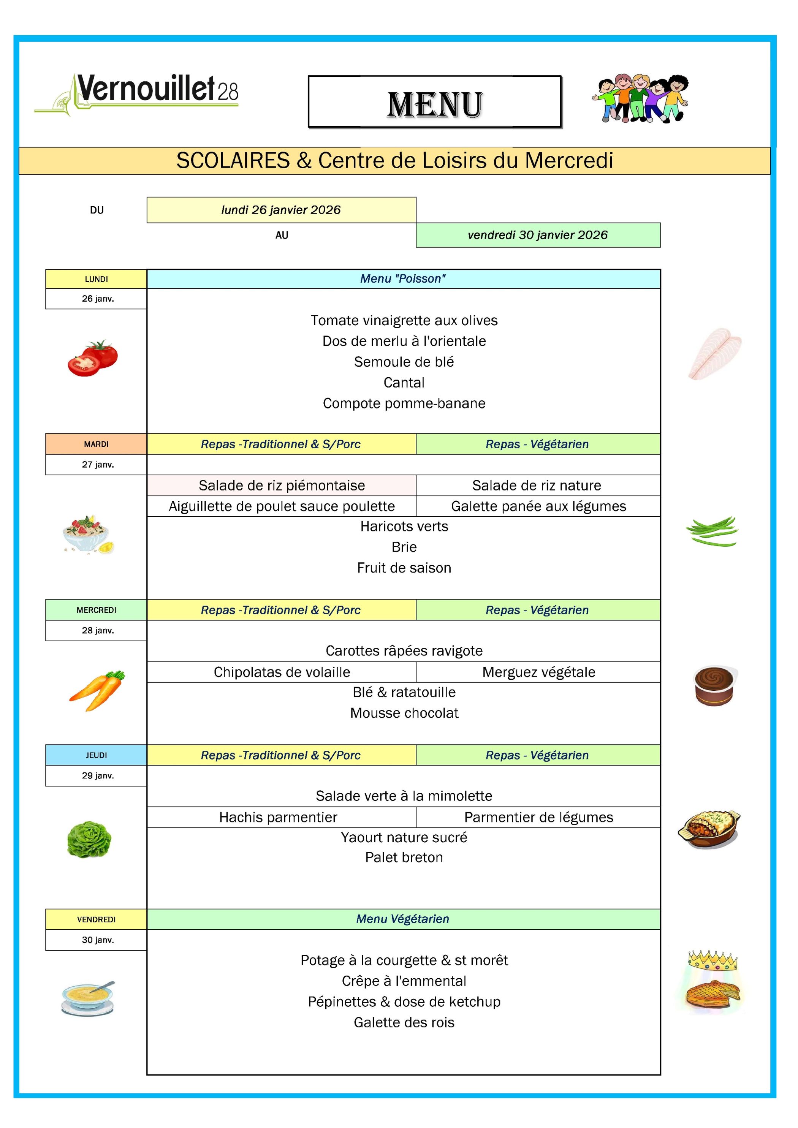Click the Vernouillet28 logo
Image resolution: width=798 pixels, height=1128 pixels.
click(136, 94)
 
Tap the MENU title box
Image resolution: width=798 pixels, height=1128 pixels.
click(434, 102)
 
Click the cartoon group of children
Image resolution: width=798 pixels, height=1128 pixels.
click(641, 98)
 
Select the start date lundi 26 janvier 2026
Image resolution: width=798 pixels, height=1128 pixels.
click(281, 210)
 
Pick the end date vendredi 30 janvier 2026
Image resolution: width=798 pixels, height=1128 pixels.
click(538, 235)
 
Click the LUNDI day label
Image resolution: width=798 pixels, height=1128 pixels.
click(96, 279)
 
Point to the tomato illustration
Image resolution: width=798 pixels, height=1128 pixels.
click(93, 358)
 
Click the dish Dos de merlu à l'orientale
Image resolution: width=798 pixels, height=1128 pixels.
click(404, 341)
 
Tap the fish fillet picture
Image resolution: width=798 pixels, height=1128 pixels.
click(714, 353)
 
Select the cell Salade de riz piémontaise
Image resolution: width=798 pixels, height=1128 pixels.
click(282, 486)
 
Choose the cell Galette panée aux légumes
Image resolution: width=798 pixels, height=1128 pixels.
click(538, 506)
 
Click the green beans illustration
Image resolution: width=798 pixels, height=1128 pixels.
click(712, 531)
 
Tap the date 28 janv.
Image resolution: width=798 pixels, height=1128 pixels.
click(98, 630)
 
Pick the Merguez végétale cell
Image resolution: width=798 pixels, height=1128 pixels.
click(538, 672)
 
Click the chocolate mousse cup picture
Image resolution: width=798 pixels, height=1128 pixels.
click(715, 686)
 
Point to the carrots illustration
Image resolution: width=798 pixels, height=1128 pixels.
click(97, 690)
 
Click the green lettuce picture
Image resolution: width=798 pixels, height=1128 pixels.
click(89, 839)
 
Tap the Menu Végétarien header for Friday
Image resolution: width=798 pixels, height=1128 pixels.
click(403, 919)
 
